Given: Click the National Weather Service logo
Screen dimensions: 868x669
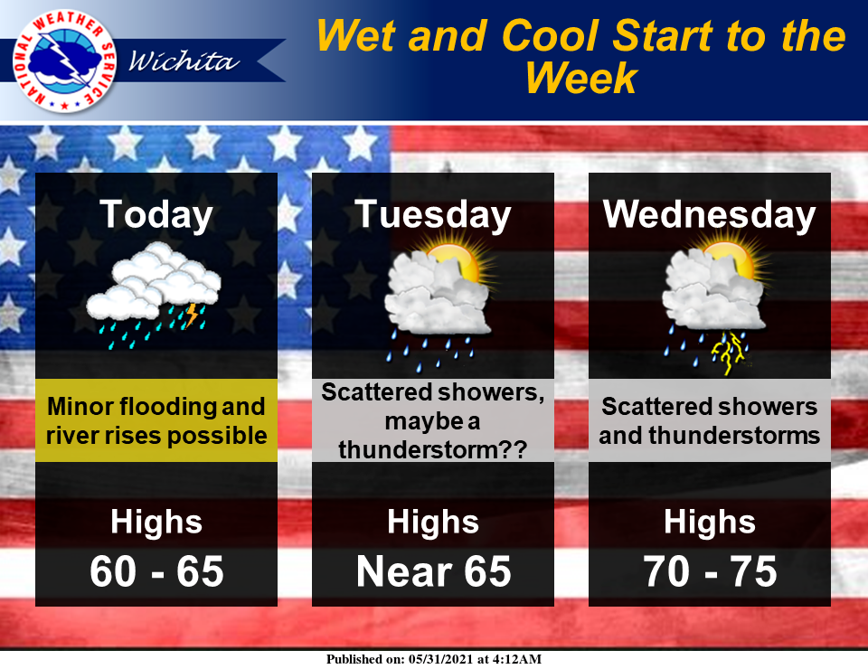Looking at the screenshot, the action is [63, 61].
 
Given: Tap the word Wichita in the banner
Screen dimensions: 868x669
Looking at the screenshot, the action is [184, 61].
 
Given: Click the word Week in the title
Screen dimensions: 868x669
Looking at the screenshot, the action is [581, 78].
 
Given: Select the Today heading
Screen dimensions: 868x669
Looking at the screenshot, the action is [156, 214].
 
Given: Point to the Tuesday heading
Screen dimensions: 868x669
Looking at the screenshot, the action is [432, 214].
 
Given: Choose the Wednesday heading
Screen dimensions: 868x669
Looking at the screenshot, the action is [709, 214].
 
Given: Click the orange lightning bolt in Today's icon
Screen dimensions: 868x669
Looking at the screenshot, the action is [191, 315].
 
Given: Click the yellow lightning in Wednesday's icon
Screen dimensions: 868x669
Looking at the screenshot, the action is [729, 353].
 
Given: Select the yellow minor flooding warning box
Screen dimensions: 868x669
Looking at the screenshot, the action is [156, 420].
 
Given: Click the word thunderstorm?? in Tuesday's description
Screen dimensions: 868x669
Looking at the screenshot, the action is [432, 450].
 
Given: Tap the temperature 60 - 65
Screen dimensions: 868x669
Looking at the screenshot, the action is [156, 571].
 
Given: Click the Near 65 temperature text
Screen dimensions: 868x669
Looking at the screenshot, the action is [433, 571].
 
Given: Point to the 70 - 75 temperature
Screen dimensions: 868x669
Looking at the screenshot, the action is [710, 571].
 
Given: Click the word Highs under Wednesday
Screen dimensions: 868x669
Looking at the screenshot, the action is [710, 522].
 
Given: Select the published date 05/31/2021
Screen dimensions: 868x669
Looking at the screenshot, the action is [440, 659].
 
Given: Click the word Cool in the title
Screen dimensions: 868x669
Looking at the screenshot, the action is [549, 36].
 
